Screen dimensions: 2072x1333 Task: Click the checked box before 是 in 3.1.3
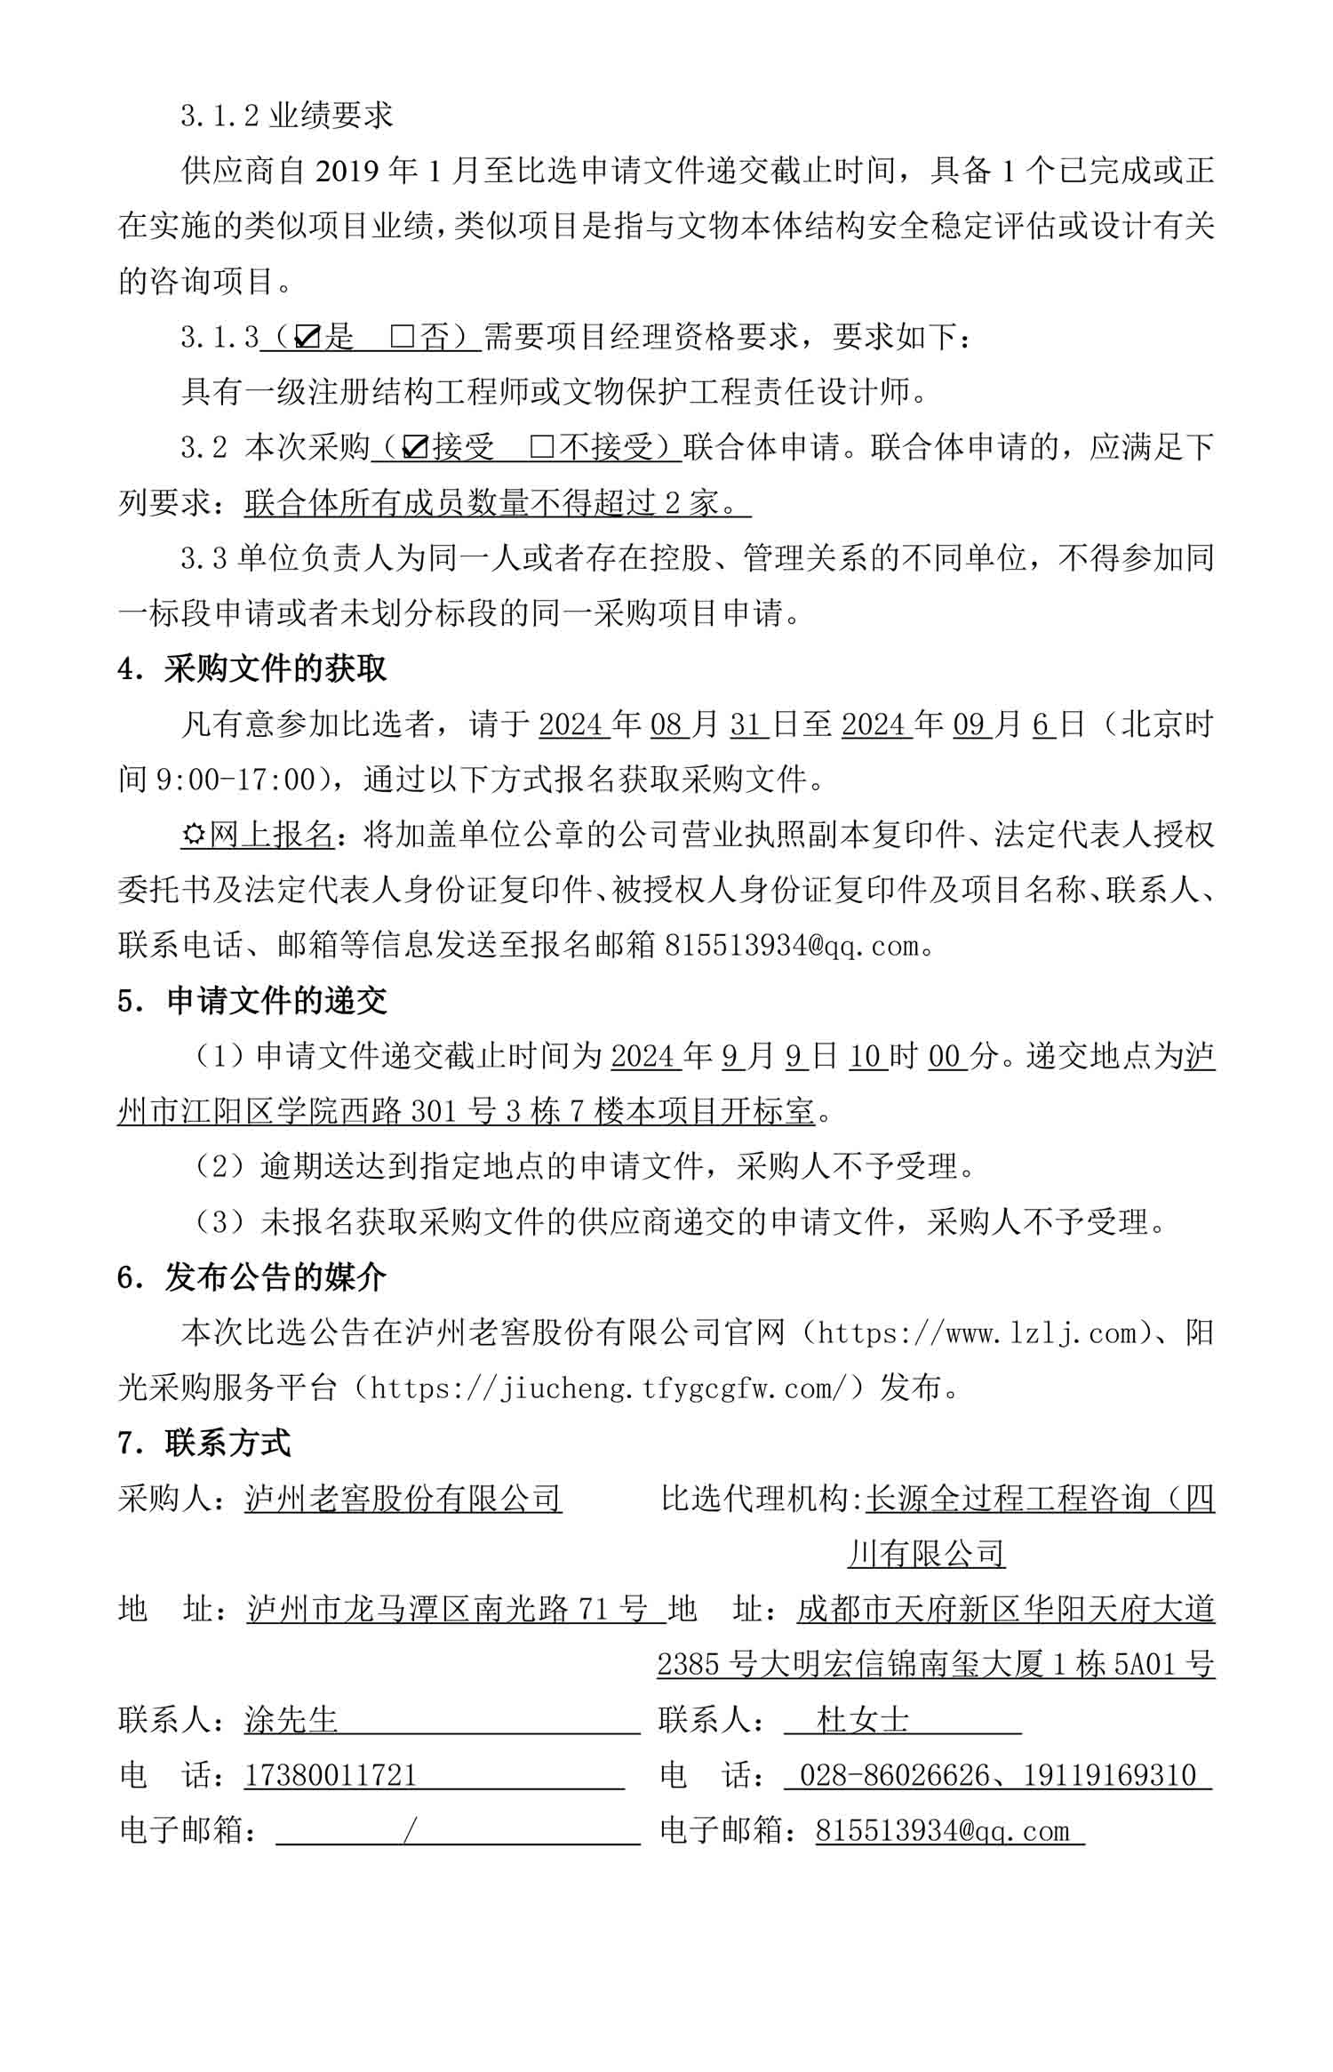click(307, 337)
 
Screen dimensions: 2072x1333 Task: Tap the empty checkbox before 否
click(402, 337)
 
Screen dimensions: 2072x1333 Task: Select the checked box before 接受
click(414, 447)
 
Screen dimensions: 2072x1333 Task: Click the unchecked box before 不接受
click(541, 447)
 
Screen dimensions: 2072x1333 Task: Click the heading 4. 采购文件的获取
click(252, 668)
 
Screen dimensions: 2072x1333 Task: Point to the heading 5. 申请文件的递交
click(252, 1001)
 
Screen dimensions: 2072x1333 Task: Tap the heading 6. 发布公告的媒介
click(252, 1277)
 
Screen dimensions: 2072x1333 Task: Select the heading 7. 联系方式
click(204, 1443)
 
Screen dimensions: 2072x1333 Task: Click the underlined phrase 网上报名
click(271, 835)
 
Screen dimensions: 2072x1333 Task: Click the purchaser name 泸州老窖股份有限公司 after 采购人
click(403, 1499)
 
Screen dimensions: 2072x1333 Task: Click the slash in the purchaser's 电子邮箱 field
click(410, 1830)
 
